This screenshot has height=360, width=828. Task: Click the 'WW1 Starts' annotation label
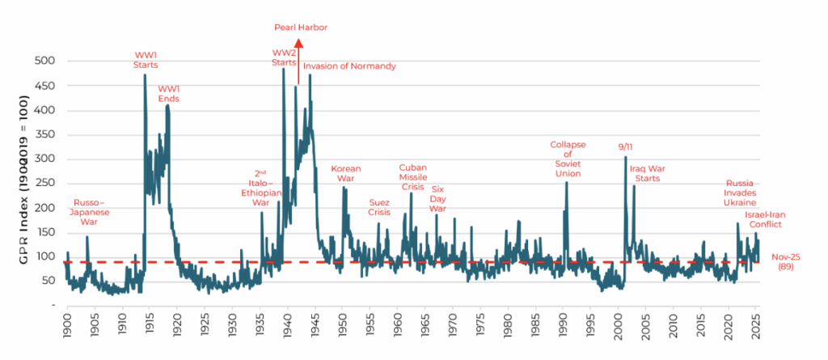pos(146,59)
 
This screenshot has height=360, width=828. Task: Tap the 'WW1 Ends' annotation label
pos(168,93)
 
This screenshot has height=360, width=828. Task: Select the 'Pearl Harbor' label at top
pos(299,28)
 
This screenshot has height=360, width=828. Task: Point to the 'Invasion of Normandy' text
pos(349,66)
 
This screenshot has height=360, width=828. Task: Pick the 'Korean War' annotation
pos(346,174)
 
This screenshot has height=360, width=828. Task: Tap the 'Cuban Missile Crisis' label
pos(412,177)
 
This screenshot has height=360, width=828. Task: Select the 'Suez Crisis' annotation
pos(379,207)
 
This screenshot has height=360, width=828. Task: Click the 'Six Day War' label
pos(437,198)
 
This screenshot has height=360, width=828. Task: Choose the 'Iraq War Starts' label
pos(645,173)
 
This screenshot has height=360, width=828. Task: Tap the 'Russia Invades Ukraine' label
pos(740,193)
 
